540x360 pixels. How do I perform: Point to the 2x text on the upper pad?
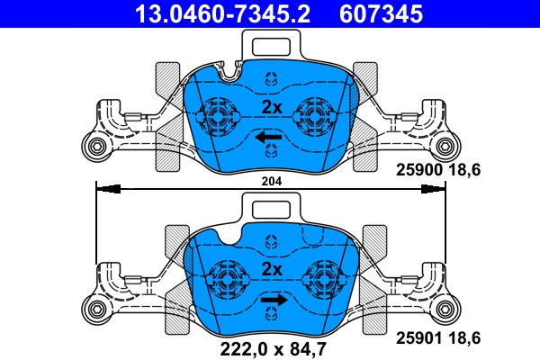coord(271,107)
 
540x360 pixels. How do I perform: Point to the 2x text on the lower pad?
coord(271,269)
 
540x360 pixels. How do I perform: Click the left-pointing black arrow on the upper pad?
coord(268,137)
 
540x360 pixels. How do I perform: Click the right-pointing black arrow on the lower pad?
coord(274,300)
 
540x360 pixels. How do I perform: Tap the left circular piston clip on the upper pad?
coord(216,112)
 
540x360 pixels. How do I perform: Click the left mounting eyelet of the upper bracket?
coord(93,148)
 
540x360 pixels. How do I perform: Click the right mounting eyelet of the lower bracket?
coord(447,310)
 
